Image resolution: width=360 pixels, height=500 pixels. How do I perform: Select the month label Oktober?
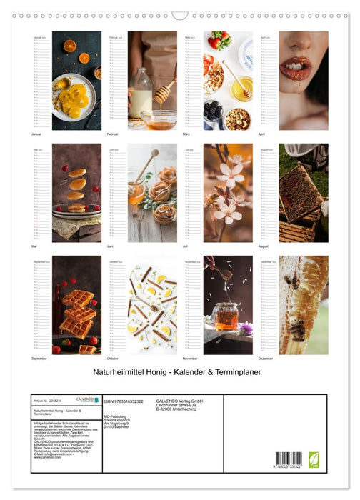[113, 358]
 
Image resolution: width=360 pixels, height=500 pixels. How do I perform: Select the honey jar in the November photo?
[226, 316]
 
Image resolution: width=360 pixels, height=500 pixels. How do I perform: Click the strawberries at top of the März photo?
[219, 42]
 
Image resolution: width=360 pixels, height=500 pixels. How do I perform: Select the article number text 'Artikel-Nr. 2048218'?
[49, 402]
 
